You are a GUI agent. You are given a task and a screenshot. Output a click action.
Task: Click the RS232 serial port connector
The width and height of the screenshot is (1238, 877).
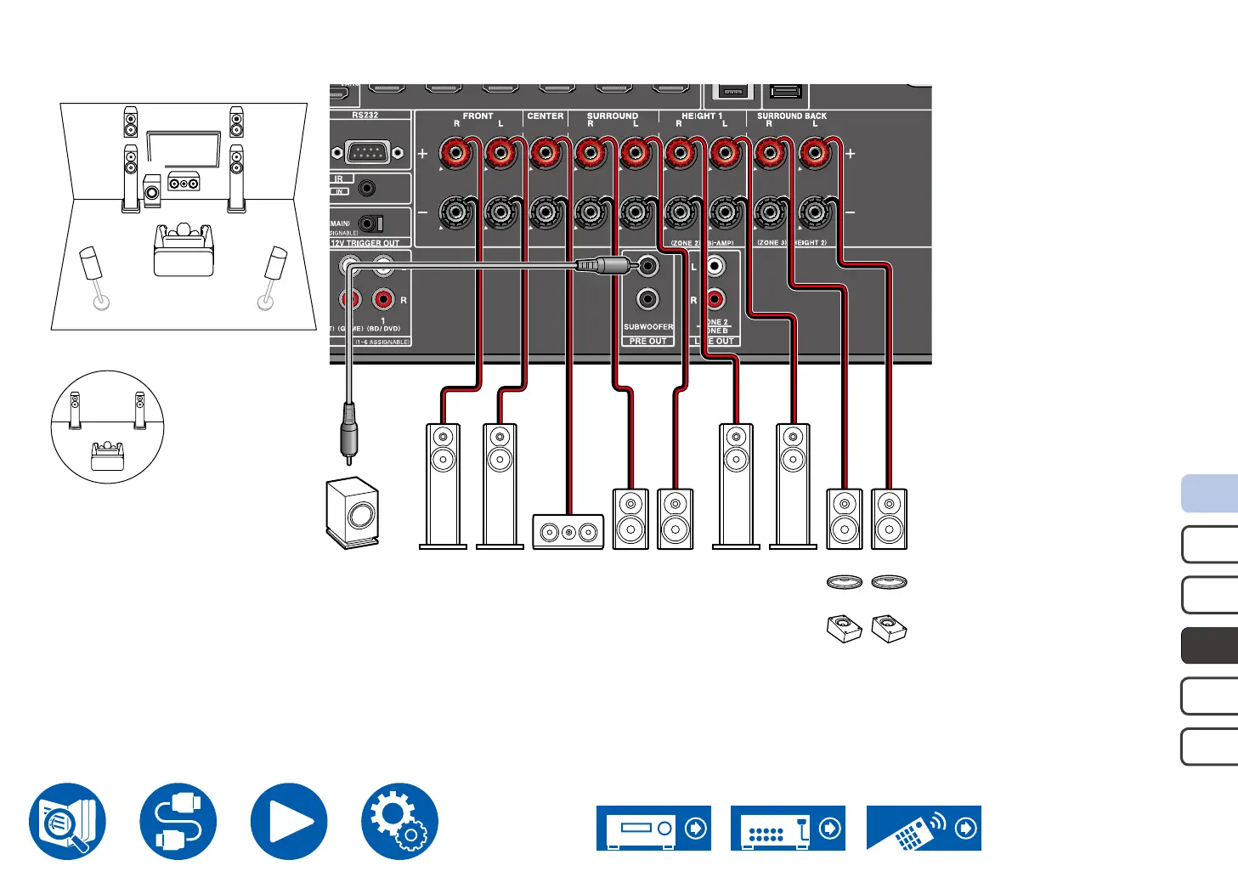[x=366, y=153]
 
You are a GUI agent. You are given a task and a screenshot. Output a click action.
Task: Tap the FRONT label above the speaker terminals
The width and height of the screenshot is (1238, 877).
[x=478, y=116]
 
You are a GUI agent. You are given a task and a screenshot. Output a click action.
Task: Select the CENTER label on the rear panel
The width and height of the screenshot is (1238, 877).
[x=545, y=116]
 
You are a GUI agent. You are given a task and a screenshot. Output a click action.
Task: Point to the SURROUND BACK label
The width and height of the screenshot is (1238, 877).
[x=791, y=116]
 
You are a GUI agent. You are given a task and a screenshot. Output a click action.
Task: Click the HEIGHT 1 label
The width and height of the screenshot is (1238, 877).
[x=701, y=116]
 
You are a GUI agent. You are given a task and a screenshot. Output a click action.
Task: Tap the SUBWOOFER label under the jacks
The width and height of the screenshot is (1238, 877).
[x=647, y=327]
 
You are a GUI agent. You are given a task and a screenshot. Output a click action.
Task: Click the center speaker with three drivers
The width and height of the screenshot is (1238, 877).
[x=568, y=532]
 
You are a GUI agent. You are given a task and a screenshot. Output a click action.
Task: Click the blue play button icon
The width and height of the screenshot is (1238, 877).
[x=289, y=822]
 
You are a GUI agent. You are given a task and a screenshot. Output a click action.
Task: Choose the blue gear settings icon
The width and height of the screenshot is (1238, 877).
[x=399, y=822]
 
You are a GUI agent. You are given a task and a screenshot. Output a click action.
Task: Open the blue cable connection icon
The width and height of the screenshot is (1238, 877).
[x=178, y=822]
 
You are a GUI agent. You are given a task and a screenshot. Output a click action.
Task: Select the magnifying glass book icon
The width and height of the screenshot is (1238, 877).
[x=68, y=822]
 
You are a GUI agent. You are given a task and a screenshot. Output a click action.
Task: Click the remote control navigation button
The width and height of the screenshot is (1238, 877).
[x=924, y=828]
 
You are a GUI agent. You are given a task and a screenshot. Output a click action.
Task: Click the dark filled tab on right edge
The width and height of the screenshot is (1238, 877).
[x=1210, y=646]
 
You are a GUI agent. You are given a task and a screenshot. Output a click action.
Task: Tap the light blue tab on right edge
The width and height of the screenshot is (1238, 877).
[x=1210, y=494]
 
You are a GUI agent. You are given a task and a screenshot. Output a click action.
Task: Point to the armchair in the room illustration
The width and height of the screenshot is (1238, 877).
[x=183, y=248]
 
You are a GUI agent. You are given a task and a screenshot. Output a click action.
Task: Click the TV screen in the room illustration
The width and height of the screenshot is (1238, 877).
[x=184, y=149]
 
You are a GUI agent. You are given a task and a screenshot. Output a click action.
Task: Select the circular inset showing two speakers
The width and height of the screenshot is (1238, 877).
[x=107, y=427]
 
